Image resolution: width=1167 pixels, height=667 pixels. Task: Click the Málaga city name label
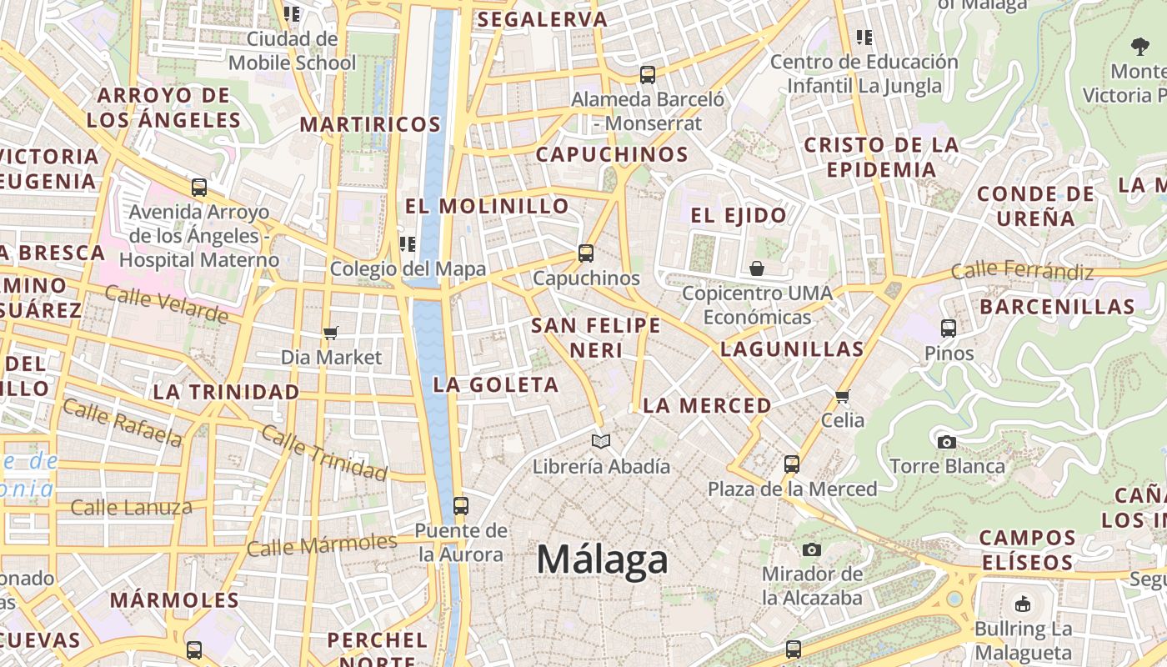(x=602, y=559)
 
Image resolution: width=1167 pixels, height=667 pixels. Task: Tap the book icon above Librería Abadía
(x=601, y=441)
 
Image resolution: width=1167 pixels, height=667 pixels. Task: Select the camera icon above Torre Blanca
(x=947, y=442)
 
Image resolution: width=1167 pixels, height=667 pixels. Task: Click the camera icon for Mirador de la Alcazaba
(x=811, y=549)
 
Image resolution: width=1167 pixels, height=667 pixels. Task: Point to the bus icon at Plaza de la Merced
(x=792, y=464)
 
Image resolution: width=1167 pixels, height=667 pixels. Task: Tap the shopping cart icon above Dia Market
(x=331, y=333)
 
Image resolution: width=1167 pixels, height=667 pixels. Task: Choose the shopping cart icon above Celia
(x=843, y=395)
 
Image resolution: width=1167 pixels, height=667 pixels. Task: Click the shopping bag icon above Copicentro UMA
(x=757, y=268)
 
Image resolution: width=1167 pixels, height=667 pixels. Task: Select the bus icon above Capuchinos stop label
(x=586, y=253)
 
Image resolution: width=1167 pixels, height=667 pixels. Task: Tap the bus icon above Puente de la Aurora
(x=460, y=505)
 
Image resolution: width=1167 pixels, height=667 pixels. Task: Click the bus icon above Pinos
(x=949, y=328)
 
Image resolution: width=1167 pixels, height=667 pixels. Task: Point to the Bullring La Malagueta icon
(x=1023, y=604)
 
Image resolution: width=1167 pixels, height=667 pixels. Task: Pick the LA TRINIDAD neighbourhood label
(x=226, y=392)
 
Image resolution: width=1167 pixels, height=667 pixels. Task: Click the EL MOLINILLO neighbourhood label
(x=487, y=206)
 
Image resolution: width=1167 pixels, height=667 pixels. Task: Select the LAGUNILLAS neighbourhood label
(x=791, y=349)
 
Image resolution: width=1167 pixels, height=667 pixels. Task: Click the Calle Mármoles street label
(x=322, y=545)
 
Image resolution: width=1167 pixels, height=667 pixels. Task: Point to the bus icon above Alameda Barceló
(x=648, y=74)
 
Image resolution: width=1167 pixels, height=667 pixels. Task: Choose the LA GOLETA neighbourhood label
(x=496, y=384)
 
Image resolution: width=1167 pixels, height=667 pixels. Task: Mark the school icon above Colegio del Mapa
(x=408, y=243)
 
